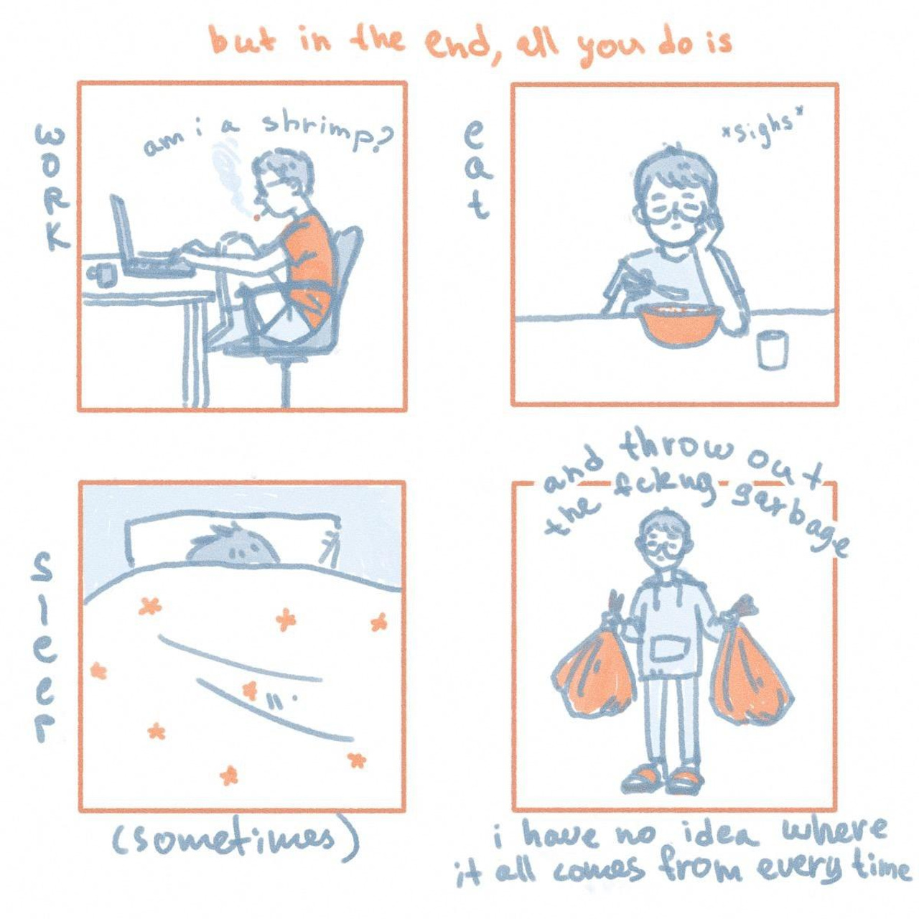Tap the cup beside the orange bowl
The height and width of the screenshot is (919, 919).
pyautogui.click(x=773, y=350)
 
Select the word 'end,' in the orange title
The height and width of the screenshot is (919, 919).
pyautogui.click(x=455, y=44)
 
